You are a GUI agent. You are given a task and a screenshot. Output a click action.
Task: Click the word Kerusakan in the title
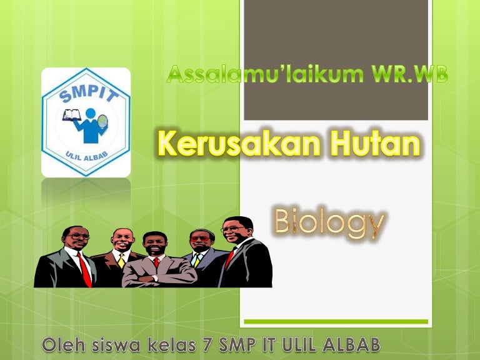(239, 144)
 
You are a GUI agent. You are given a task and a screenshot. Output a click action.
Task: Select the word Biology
(329, 222)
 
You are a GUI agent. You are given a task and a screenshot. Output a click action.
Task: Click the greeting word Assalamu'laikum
(265, 74)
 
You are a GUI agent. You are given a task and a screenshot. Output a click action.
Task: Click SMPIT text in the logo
(89, 93)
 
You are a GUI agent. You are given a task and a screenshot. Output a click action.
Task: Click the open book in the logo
(72, 115)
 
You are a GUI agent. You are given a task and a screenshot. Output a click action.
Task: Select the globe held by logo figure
(102, 121)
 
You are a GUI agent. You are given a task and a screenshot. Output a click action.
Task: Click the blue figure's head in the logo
(91, 114)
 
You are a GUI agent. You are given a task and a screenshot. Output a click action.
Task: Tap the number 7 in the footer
(208, 345)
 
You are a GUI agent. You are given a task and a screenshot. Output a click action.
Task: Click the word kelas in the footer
(172, 345)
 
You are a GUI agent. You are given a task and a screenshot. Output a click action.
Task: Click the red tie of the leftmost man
(85, 270)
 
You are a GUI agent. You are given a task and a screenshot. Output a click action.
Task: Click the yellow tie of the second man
(121, 261)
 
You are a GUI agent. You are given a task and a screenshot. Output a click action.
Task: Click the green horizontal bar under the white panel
(336, 321)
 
